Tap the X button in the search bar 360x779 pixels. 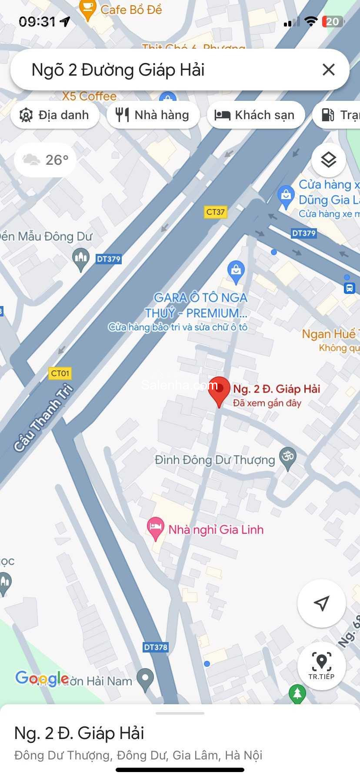[329, 70]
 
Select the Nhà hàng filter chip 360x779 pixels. [153, 115]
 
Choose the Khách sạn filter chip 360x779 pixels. [256, 115]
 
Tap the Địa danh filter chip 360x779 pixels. [55, 115]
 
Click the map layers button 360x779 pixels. [329, 160]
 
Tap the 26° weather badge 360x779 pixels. [46, 160]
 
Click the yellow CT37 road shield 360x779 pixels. [216, 212]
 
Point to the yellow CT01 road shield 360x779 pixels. [60, 373]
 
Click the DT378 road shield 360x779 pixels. [156, 647]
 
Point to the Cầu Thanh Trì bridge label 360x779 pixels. [43, 418]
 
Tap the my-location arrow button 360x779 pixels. [321, 603]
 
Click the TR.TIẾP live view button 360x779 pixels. [321, 666]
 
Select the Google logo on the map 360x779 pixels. [42, 678]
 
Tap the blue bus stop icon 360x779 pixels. [350, 288]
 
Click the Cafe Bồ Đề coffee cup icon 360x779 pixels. [88, 9]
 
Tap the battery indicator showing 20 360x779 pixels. [333, 22]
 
